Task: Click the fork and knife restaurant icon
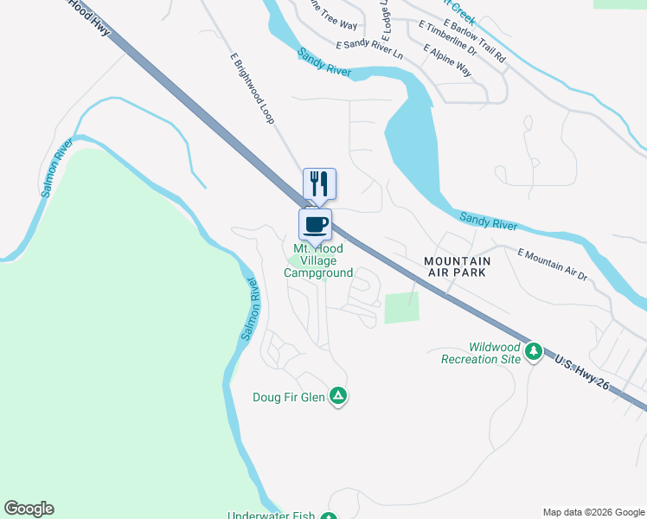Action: [318, 183]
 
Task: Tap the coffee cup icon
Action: [315, 225]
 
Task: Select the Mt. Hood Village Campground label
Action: [318, 261]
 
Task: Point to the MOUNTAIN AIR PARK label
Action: [457, 266]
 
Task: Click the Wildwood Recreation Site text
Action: [481, 353]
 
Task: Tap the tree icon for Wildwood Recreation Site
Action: [534, 350]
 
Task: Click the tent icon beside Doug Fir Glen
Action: [338, 396]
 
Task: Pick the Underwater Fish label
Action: [271, 516]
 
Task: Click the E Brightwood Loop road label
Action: [252, 88]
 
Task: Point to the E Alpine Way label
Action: [447, 61]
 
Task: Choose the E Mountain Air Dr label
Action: [552, 265]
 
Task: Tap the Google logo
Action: [29, 509]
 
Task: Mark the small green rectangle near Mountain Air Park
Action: [400, 308]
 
